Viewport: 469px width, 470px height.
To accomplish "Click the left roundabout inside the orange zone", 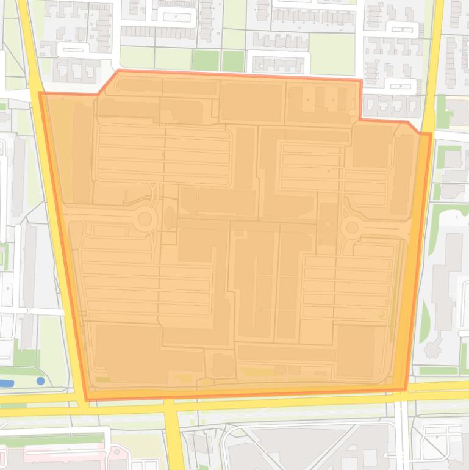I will [x=145, y=219].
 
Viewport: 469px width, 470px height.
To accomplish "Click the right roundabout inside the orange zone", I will [x=351, y=228].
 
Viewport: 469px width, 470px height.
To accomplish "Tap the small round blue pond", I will [x=40, y=381].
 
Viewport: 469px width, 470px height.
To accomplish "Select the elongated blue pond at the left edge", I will [x=5, y=383].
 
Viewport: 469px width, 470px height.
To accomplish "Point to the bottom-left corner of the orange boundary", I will [x=87, y=400].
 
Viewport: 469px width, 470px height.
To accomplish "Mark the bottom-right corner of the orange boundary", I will [x=406, y=389].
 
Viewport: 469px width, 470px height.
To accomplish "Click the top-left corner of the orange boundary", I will [x=40, y=93].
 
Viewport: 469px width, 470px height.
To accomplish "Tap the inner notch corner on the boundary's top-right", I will [x=360, y=119].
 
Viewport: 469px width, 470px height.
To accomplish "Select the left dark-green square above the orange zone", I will [x=206, y=60].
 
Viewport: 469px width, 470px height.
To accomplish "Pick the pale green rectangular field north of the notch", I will [x=332, y=54].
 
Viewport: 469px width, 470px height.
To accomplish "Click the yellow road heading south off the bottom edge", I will [x=174, y=439].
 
